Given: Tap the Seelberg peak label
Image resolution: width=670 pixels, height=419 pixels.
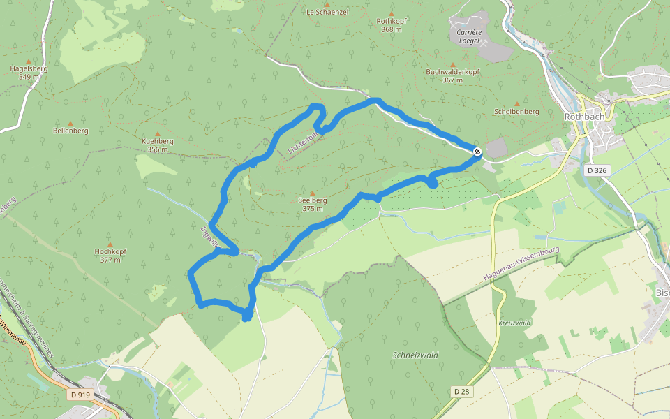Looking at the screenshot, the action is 313,204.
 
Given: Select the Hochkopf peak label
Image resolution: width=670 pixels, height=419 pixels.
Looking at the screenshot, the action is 110,255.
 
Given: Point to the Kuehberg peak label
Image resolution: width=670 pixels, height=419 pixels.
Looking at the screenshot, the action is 157,145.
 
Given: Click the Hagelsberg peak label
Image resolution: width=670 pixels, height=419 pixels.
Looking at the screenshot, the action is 29,72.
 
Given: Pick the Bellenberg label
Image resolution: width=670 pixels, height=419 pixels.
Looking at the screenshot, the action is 70,131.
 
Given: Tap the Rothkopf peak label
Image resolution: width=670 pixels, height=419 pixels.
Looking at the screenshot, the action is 392,25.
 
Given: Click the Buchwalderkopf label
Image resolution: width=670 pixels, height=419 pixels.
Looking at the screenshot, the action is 452,75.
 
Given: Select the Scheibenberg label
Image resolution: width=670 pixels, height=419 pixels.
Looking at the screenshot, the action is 516,112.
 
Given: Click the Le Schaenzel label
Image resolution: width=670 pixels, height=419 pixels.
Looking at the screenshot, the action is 327,12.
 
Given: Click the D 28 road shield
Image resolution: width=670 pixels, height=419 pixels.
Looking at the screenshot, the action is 460,391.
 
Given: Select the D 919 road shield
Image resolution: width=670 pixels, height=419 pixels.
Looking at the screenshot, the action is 81,395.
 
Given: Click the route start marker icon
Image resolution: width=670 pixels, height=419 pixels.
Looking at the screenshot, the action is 477,151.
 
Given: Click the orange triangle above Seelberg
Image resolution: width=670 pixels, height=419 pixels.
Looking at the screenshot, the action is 313,193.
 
